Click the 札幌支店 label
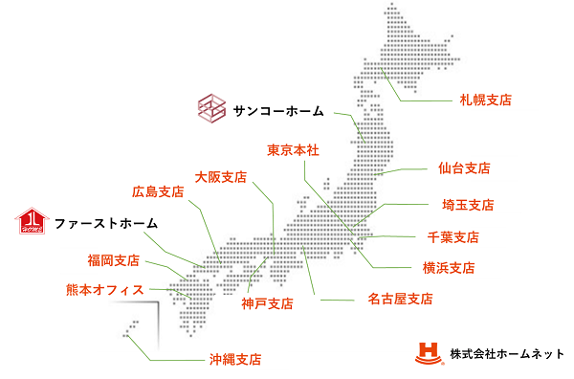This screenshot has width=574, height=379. coord(484,100)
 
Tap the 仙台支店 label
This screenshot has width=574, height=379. coord(463,168)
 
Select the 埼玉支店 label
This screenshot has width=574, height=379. coord(467,205)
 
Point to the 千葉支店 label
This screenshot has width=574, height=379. coord(453,237)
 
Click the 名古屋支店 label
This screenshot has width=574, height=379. coord(400,300)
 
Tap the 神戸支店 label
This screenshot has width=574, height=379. coord(267,304)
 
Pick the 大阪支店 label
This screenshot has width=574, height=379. coord(220,177)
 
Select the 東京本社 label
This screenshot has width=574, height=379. coord(292,150)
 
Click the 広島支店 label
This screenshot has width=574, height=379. coord(157,191)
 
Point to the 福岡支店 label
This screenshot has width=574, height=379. coord(113,260)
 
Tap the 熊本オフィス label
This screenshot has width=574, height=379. coord(104,289)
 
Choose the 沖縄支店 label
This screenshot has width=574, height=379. coord(234,360)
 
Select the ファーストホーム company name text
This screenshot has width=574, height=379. coord(105,223)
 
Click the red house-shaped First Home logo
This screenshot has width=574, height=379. coord(33,222)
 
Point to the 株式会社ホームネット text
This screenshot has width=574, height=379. coord(507,354)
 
